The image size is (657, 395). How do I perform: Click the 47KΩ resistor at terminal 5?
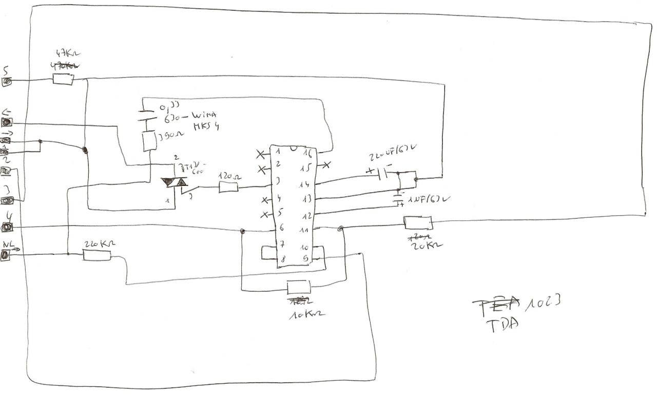click(64, 79)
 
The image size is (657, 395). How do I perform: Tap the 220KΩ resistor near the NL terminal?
click(97, 254)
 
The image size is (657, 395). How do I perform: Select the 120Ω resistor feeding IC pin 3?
click(228, 187)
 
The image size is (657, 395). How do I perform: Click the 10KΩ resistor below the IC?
click(298, 287)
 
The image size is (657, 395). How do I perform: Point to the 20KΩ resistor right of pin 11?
click(418, 222)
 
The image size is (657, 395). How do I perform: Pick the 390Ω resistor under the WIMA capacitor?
click(148, 140)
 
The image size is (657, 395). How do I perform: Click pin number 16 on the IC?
click(307, 153)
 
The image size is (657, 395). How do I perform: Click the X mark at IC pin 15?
click(325, 165)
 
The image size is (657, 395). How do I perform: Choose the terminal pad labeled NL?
click(5, 255)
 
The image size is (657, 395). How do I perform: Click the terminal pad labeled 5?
click(7, 81)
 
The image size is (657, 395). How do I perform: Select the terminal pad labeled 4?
click(8, 227)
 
